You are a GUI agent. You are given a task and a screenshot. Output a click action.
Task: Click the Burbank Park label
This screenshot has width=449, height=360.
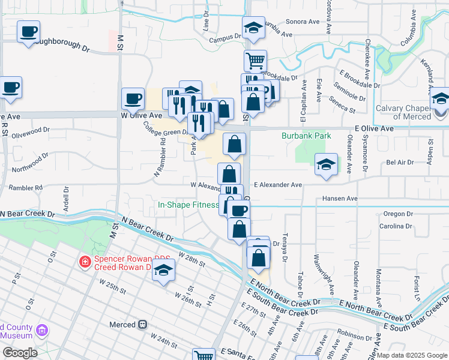point(306,136)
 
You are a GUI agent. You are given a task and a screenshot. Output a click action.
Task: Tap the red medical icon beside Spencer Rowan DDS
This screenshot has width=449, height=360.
point(85,262)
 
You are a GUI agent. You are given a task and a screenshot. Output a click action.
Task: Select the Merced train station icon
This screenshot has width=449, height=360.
point(143,325)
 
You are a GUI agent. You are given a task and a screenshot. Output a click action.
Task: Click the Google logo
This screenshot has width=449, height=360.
point(19,353)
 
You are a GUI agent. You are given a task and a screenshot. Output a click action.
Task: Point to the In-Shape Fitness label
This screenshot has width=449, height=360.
point(187,205)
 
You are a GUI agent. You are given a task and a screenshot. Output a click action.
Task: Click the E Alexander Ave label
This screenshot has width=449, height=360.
point(277,185)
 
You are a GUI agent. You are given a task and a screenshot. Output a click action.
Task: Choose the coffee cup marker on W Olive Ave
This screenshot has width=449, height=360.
point(133,98)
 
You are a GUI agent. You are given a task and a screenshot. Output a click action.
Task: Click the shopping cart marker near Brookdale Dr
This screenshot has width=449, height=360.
point(255,60)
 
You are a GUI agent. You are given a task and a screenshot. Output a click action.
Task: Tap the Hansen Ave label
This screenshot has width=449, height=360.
point(339,198)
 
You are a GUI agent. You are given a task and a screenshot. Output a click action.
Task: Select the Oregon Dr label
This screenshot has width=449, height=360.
point(394,214)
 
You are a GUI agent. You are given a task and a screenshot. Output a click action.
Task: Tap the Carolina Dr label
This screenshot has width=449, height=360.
point(395,226)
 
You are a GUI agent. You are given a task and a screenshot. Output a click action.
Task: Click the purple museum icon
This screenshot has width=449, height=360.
point(41,330)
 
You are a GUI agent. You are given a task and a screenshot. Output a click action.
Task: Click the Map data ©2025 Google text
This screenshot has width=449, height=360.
point(411,355)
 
